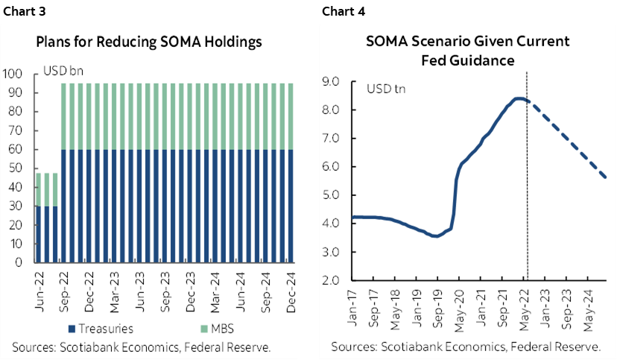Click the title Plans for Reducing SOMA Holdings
(x=149, y=42)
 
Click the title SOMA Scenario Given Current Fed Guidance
(x=468, y=50)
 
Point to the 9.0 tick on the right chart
(x=330, y=81)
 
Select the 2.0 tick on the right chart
(x=330, y=281)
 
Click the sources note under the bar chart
(x=142, y=347)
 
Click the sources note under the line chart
(x=466, y=347)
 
